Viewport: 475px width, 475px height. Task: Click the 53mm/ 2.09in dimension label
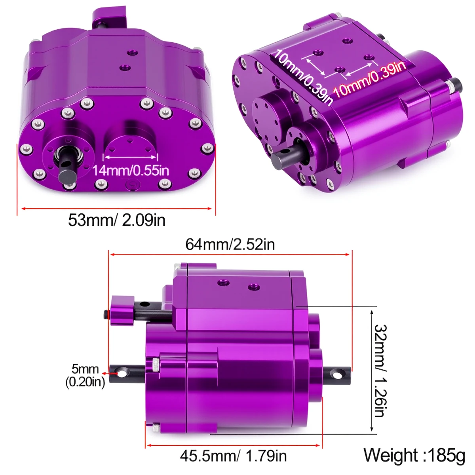pyautogui.click(x=116, y=220)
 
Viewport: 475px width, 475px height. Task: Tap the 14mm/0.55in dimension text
pyautogui.click(x=131, y=171)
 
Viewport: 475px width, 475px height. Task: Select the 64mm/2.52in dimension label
pyautogui.click(x=230, y=244)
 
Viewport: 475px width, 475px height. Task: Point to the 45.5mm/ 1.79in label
pyautogui.click(x=233, y=456)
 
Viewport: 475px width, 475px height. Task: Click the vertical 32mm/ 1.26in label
pyautogui.click(x=379, y=371)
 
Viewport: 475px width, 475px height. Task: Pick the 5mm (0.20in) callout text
pyautogui.click(x=85, y=375)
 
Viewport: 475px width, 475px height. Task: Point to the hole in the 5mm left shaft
pyautogui.click(x=122, y=373)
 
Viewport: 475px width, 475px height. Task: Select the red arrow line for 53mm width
pyautogui.click(x=116, y=208)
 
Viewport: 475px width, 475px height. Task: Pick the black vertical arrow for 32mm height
pyautogui.click(x=371, y=371)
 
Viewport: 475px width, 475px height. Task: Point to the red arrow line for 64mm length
pyautogui.click(x=230, y=255)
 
